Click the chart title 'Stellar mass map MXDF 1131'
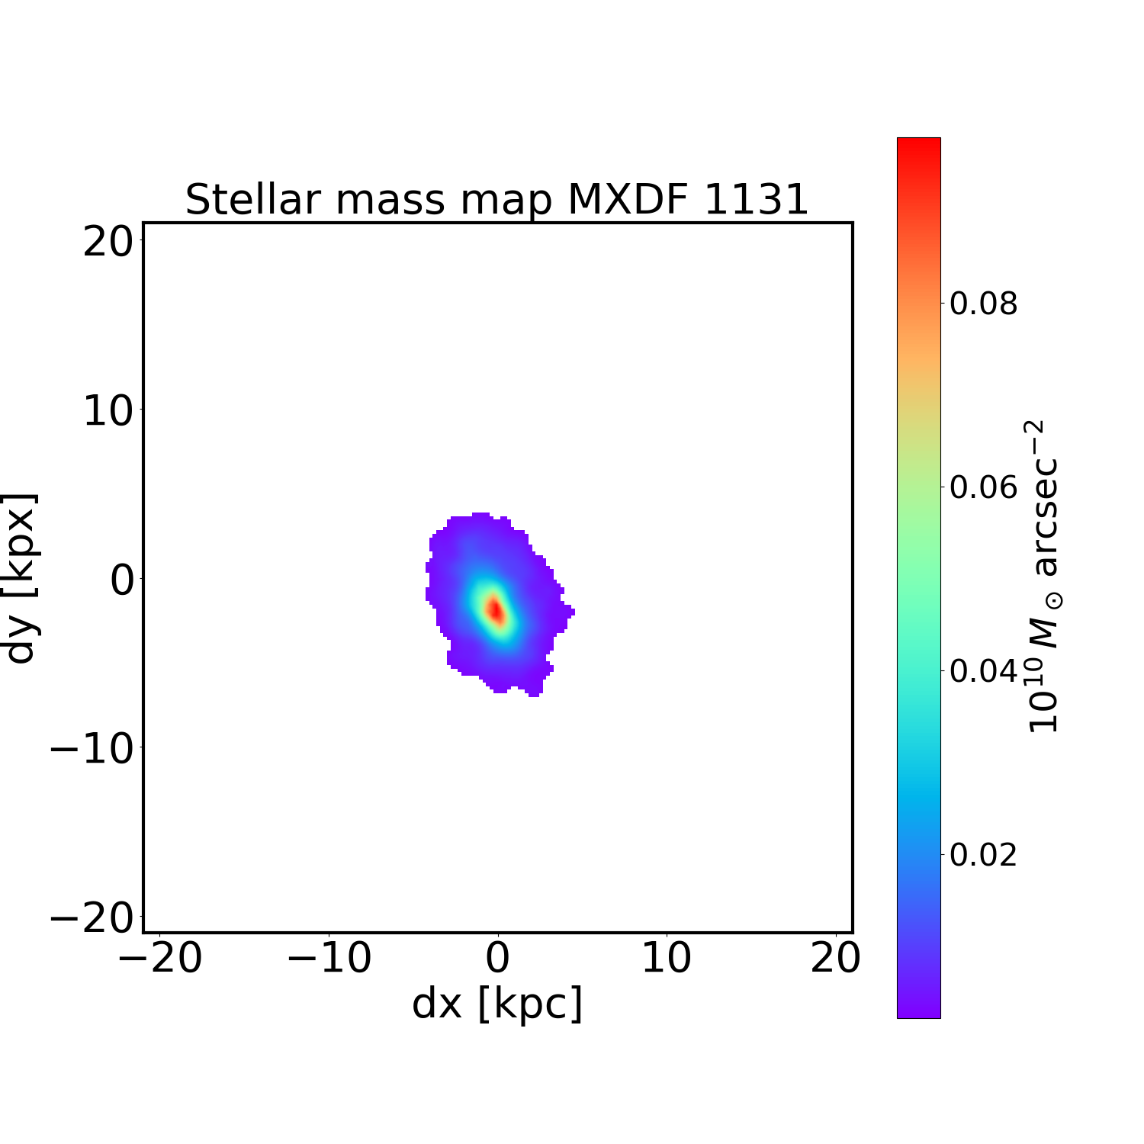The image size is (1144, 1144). (x=496, y=200)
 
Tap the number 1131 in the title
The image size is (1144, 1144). (x=755, y=200)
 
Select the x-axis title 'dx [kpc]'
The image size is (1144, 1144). (x=497, y=1003)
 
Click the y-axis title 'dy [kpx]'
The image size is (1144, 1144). (x=21, y=578)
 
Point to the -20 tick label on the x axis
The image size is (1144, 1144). (x=160, y=959)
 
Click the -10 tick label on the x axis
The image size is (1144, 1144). (x=329, y=959)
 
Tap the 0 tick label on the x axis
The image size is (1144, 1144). (x=497, y=959)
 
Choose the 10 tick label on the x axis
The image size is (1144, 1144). (x=667, y=959)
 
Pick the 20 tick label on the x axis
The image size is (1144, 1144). (x=835, y=959)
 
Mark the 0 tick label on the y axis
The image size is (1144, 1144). (x=122, y=580)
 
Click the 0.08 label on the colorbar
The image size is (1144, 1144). (x=983, y=304)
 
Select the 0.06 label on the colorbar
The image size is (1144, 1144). (x=983, y=487)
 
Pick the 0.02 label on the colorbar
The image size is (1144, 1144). (x=983, y=854)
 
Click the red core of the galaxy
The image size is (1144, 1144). (x=496, y=610)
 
